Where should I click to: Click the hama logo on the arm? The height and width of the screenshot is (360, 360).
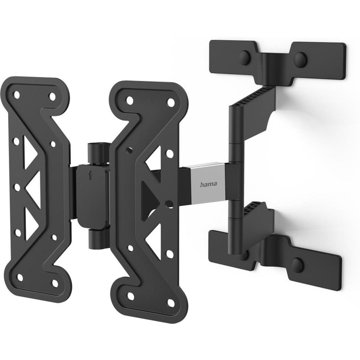(x=208, y=184)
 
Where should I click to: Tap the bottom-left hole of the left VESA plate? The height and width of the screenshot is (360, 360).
(x=20, y=277)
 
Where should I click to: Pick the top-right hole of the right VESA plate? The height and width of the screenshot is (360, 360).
(x=171, y=103)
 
